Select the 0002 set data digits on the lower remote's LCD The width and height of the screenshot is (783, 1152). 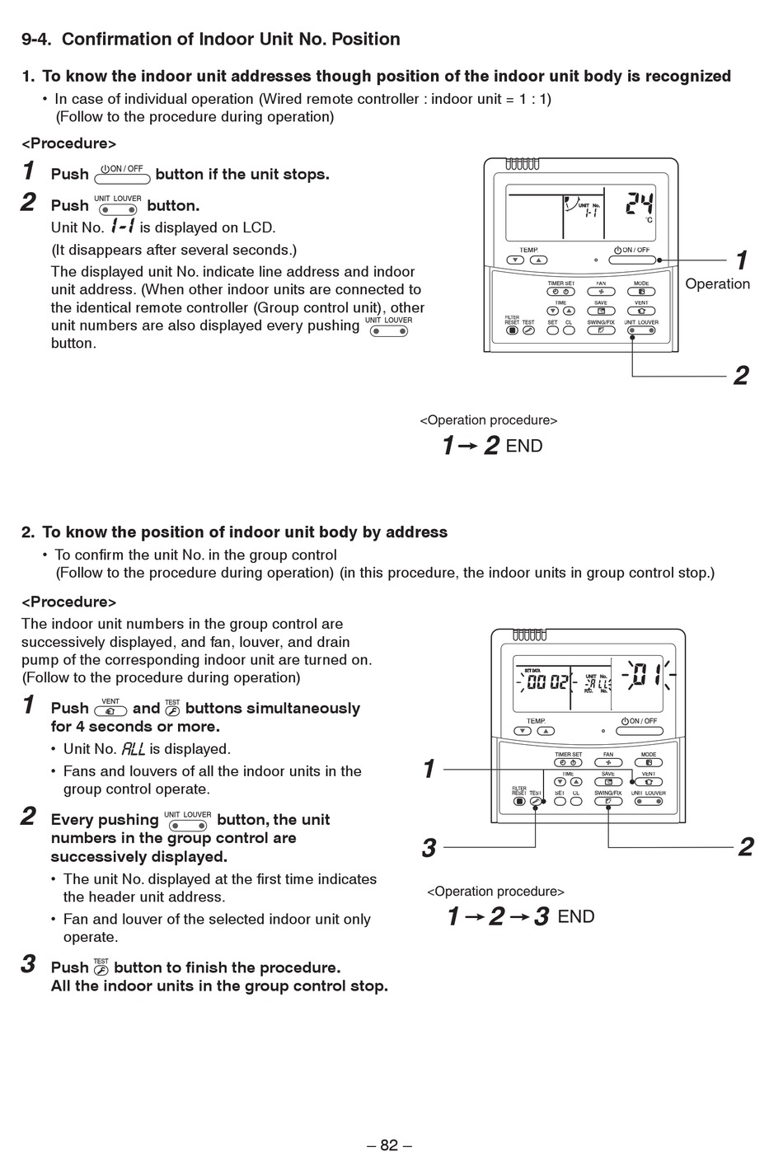tap(547, 681)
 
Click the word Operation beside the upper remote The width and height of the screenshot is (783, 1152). tap(717, 283)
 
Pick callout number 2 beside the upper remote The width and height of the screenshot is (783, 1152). tap(741, 375)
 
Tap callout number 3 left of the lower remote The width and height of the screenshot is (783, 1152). tap(429, 847)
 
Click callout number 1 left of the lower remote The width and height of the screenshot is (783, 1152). tap(429, 769)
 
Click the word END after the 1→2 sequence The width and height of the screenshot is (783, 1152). tap(524, 446)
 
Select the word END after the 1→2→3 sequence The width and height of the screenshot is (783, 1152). tap(576, 916)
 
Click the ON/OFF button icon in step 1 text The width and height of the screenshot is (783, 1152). tap(122, 175)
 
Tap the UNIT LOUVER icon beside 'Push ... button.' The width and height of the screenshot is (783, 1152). tap(117, 206)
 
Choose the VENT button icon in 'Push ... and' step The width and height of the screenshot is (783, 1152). tap(110, 709)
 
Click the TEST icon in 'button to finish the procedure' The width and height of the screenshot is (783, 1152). tap(101, 967)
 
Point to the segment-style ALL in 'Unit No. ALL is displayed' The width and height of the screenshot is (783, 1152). tap(133, 749)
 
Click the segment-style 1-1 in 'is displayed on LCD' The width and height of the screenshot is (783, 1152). tap(122, 227)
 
